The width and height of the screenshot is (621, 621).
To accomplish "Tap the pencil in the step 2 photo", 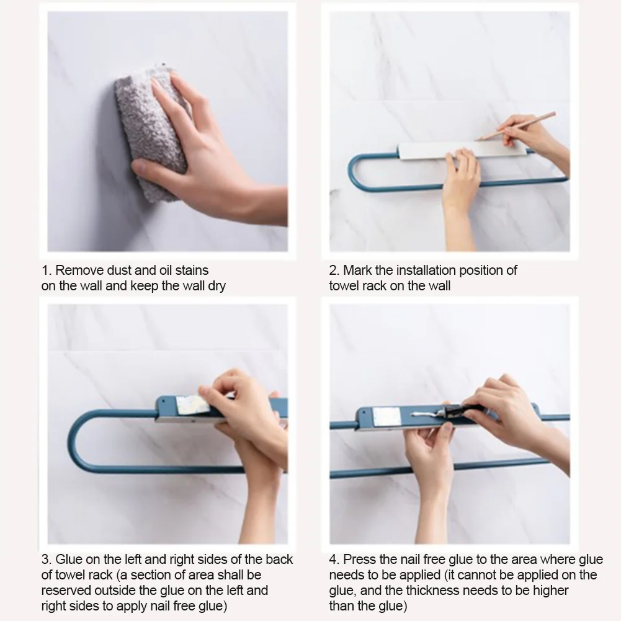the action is (x=516, y=126).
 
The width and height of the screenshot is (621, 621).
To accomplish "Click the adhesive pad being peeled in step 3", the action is (x=193, y=404).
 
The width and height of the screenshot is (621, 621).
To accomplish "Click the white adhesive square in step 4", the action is (x=384, y=417).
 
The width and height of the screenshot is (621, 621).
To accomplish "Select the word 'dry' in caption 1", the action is (x=217, y=287).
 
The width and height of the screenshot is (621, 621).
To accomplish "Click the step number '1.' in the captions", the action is (x=47, y=270).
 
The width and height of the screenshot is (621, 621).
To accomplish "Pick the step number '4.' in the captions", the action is (x=334, y=559).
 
